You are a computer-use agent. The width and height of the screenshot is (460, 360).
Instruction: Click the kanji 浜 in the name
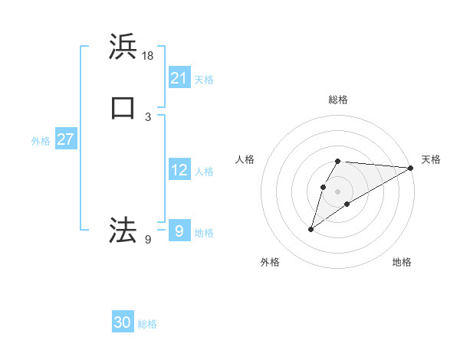point(123,47)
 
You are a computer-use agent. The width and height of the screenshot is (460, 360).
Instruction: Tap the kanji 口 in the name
point(123,108)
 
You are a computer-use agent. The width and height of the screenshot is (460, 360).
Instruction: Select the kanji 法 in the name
point(123,228)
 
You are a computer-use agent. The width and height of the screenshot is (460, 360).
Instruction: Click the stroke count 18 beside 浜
point(148,56)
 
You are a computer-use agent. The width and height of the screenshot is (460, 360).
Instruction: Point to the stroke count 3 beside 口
point(148,116)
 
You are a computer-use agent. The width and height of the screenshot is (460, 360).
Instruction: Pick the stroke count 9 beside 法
point(148,240)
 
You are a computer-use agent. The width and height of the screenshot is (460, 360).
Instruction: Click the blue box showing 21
point(179,77)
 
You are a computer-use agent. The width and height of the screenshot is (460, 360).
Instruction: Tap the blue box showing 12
point(179,170)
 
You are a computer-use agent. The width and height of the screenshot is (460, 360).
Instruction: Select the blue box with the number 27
point(66,139)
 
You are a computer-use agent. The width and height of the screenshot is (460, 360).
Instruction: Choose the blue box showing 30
point(123,322)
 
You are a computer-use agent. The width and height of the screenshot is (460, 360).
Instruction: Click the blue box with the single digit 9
point(179,230)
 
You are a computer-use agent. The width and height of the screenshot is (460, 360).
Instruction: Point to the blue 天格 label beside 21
point(204,79)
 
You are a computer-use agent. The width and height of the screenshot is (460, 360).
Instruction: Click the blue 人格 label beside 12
point(204,172)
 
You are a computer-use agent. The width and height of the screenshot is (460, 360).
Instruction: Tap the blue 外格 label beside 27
point(41,141)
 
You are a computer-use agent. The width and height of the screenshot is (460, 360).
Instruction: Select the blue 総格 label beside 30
point(147,324)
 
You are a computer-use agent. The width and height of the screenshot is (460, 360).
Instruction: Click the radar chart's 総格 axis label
point(338,100)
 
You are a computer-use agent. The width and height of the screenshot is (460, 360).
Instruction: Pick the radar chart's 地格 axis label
point(402,262)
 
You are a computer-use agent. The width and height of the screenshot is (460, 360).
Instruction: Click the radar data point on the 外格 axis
point(311,229)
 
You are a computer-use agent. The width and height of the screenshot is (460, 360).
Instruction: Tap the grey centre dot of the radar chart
point(338,191)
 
